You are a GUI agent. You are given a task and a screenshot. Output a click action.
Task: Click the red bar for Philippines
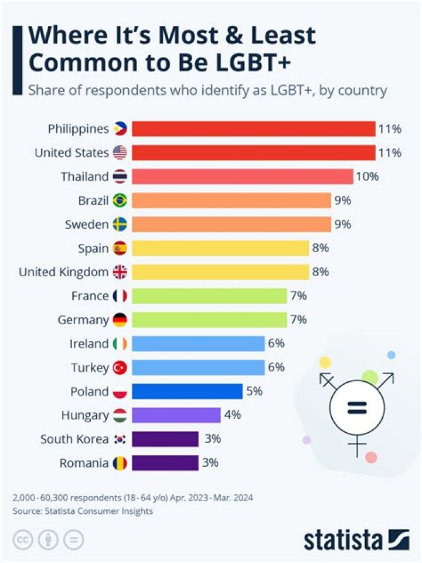coord(253,128)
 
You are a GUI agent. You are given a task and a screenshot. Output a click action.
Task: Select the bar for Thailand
coord(242,177)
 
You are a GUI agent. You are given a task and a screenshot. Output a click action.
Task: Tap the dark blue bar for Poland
coord(187,391)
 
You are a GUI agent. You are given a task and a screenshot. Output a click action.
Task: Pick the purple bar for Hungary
coord(176,415)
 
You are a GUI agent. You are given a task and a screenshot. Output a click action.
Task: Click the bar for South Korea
coord(165,439)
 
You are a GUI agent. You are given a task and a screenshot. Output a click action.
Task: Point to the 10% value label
coord(367,177)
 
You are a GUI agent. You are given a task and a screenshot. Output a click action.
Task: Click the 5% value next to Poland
coord(254,391)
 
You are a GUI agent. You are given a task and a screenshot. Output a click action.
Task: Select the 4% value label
coord(232,415)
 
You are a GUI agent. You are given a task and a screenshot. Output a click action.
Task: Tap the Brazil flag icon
coord(120,201)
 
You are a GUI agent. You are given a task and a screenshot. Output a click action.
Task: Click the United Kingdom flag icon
coord(120,272)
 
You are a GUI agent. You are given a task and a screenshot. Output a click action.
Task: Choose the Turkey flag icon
coord(120,368)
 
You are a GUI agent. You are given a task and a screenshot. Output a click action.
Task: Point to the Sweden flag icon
coord(120,225)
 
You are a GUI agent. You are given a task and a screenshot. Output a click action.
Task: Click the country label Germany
coord(83,320)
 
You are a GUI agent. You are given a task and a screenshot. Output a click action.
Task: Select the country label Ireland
coord(89,344)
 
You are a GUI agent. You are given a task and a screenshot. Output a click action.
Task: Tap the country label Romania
coord(84,463)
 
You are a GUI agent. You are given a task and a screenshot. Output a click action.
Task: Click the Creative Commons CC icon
coord(23,540)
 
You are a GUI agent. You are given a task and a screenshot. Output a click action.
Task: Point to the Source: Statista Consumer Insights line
coord(83,511)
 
